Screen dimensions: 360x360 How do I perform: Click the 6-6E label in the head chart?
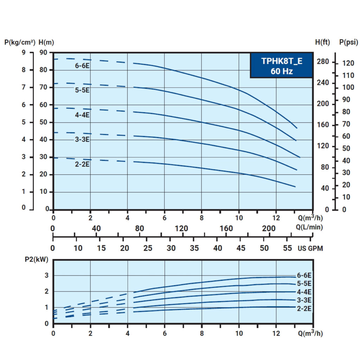coord(82,66)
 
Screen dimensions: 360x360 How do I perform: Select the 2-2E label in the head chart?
coord(82,165)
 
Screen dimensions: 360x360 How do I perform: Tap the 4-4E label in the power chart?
coord(304,292)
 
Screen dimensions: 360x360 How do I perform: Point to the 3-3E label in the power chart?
coord(304,300)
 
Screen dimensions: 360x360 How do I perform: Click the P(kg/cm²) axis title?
coord(20,43)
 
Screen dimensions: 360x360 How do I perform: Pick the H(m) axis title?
coord(46,43)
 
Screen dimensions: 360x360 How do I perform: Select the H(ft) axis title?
coord(322,42)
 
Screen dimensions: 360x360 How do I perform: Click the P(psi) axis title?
coord(348,42)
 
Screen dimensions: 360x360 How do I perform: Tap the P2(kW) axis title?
coord(37,259)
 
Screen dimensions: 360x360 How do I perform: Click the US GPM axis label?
coord(310,249)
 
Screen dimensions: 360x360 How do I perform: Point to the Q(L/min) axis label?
coord(309,227)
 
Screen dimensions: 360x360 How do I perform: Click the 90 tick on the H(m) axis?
coord(43,53)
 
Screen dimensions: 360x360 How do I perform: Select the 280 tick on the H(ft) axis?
coord(323,62)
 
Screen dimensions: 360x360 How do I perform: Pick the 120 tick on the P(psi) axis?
coord(348,63)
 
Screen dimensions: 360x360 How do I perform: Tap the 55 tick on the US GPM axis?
coord(287,248)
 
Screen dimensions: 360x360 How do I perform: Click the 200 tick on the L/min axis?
coord(269,229)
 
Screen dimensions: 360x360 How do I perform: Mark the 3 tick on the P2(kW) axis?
coord(47,275)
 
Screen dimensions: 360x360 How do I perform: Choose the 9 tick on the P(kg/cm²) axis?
coord(24,53)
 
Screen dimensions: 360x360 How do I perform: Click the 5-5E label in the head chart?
coord(82,90)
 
